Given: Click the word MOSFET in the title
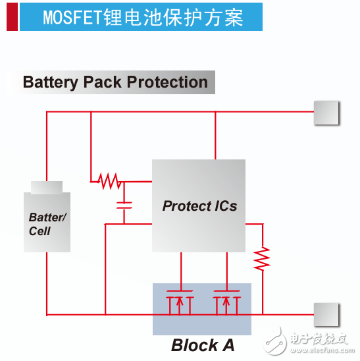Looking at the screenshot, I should click(x=72, y=18).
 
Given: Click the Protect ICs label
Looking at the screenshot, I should click(x=199, y=206).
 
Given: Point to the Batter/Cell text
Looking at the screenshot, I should click(x=47, y=224).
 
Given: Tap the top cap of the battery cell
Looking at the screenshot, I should click(x=47, y=187).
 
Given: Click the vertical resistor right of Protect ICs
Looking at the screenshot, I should click(x=263, y=258).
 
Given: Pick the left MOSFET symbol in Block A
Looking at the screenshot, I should click(x=179, y=302).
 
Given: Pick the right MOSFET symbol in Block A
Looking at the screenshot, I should click(x=226, y=302).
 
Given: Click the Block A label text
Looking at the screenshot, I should click(x=202, y=345).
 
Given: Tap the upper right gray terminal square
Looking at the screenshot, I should click(x=326, y=113).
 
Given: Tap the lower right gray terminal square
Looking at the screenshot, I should click(x=326, y=314).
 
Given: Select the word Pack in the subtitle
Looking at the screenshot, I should click(x=103, y=82).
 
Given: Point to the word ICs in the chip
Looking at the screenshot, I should click(x=224, y=206).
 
